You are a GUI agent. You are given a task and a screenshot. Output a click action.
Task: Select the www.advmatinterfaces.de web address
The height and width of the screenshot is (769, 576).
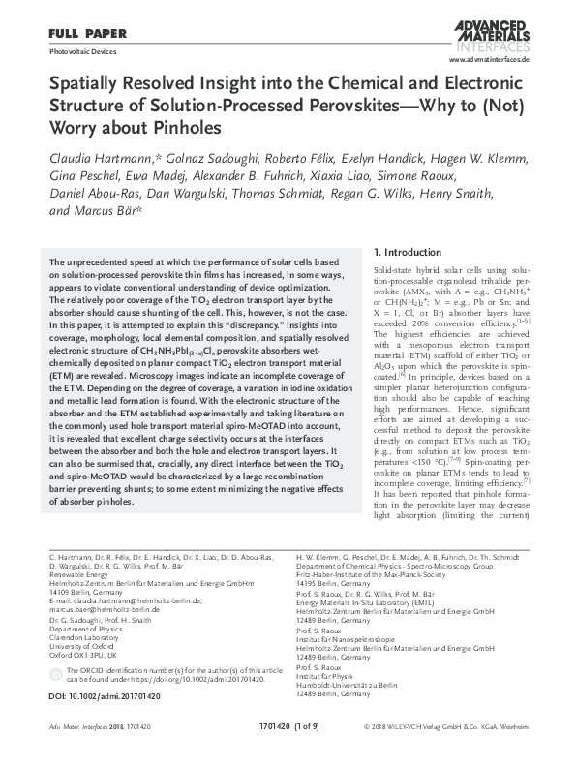[493, 59]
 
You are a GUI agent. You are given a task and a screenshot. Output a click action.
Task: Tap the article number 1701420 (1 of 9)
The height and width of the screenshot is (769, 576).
[287, 752]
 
